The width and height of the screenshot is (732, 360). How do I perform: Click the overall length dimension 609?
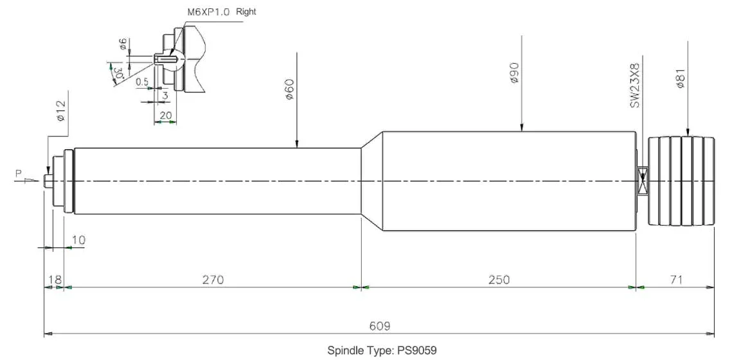pos(379,326)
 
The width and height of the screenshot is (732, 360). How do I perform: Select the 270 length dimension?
pos(213,280)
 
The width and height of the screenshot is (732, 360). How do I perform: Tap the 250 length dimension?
pos(499,280)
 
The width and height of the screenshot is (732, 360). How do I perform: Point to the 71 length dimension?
pos(675,280)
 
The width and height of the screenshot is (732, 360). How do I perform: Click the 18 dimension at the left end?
pos(55,280)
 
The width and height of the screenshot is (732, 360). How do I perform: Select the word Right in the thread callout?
pos(246,12)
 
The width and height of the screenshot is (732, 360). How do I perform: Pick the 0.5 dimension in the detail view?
pos(142,82)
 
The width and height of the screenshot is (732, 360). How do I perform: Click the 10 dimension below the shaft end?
pos(78,240)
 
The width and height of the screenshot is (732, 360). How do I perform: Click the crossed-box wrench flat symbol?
pos(641,180)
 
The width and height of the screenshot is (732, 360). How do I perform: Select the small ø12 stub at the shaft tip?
pos(48,181)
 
